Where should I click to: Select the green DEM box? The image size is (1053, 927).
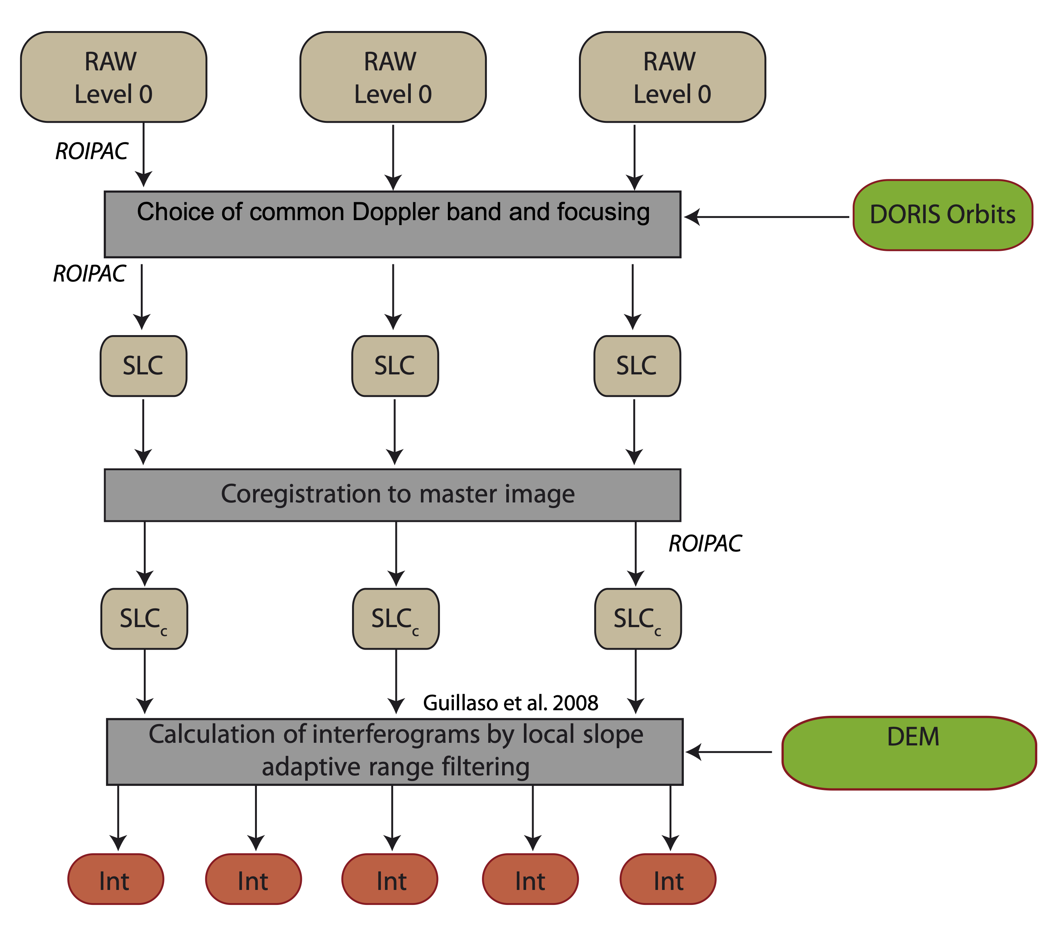pos(909,753)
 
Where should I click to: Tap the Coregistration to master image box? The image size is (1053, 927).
pos(392,495)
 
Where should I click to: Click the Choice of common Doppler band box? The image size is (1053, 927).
pos(392,225)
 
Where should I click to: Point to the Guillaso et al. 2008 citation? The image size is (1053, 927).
pos(510,703)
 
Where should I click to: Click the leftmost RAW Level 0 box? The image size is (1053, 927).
pos(113,77)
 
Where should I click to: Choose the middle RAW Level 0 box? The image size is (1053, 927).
pos(392,77)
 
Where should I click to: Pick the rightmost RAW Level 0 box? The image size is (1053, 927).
pos(672,77)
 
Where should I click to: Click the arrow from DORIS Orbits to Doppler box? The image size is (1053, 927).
pos(768,217)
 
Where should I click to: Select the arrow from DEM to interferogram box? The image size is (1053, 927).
pos(729,752)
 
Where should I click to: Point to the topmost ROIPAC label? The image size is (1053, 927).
pos(92,151)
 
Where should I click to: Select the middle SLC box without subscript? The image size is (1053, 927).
pos(395,366)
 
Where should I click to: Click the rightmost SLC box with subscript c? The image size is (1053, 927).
pos(638,619)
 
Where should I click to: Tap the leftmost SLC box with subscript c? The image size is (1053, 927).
pos(144,619)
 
